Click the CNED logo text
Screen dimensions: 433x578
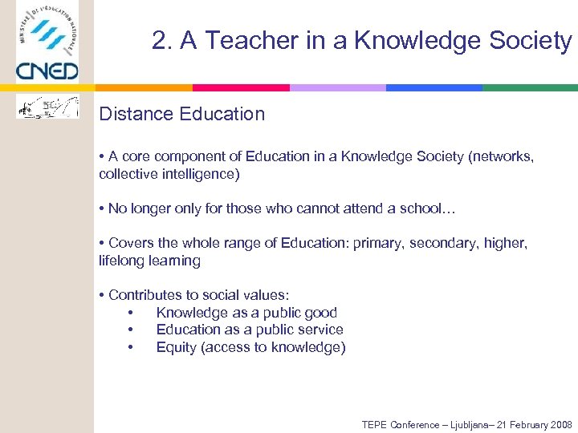[x=47, y=71]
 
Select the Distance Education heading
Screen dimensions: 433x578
[x=181, y=114]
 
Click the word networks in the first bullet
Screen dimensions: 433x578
[x=504, y=156]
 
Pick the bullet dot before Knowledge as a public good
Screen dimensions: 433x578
[x=130, y=313]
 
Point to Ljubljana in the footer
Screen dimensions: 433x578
[x=462, y=424]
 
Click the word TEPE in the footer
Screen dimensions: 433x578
[x=375, y=424]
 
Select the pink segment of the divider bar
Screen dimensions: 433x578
[x=241, y=87]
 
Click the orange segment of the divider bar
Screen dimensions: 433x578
[x=144, y=87]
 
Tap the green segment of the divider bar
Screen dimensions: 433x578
[x=530, y=87]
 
